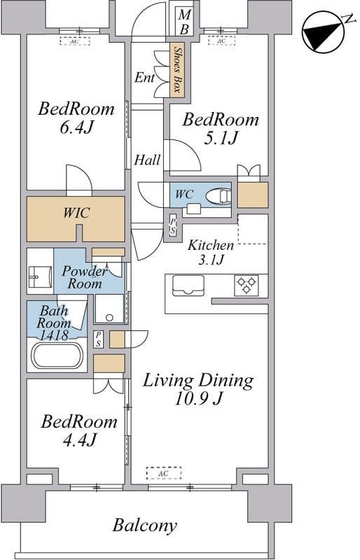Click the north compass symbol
(324, 34)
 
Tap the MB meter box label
(185, 22)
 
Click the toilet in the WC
(217, 196)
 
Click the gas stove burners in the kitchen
(247, 285)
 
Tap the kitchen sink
(188, 286)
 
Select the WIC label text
(76, 213)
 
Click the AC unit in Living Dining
(164, 472)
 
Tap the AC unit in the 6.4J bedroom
(75, 41)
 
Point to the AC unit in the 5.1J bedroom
(221, 41)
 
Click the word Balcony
(145, 526)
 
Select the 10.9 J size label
(199, 398)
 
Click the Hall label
(147, 160)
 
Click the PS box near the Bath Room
(98, 339)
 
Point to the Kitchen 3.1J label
(211, 252)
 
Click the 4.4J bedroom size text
(79, 440)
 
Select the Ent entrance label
(144, 78)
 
